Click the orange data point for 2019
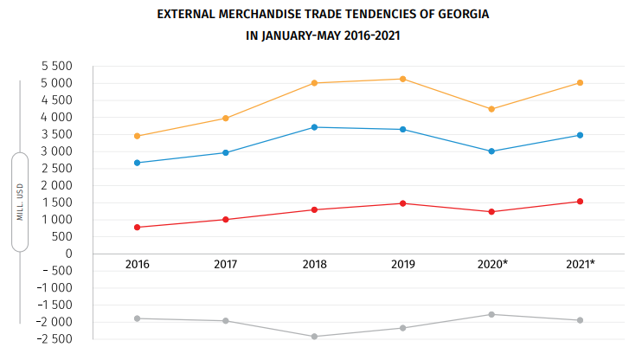click(x=403, y=79)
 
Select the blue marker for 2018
click(x=315, y=127)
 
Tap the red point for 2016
click(x=137, y=228)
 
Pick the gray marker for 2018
click(x=315, y=337)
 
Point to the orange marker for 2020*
click(x=491, y=109)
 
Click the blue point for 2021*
click(x=580, y=135)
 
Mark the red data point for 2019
click(x=403, y=203)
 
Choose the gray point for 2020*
click(x=491, y=314)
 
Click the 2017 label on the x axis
click(x=226, y=264)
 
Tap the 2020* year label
click(x=492, y=264)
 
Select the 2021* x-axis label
click(x=581, y=264)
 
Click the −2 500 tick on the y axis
click(x=52, y=338)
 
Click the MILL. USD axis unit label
click(x=20, y=202)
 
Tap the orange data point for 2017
click(x=226, y=118)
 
